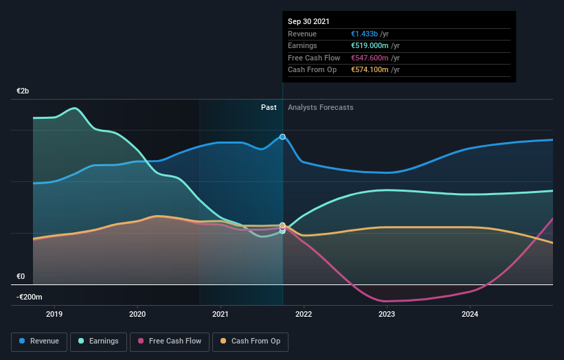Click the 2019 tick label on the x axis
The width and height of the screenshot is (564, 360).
pos(54,314)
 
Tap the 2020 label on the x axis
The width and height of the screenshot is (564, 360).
pos(137,314)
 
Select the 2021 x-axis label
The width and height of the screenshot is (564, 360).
pos(221,314)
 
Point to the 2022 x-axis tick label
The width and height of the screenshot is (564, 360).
pos(304,314)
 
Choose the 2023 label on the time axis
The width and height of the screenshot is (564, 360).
pos(387,314)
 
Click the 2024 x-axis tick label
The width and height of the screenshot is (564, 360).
pos(470,314)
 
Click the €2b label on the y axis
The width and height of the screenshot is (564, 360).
pos(23,91)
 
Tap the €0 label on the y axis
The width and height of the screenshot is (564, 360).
pos(21,276)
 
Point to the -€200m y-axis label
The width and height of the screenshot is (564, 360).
pos(30,297)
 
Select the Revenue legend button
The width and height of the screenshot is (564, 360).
pos(40,341)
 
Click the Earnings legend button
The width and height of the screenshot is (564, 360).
pos(99,341)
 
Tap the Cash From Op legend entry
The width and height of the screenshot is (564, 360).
pos(250,341)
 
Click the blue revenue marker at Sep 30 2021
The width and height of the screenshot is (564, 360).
pos(282,137)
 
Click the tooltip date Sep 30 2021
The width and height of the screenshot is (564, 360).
pos(308,21)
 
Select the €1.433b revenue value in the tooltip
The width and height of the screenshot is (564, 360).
pos(370,34)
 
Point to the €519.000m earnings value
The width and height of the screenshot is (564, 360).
pos(375,46)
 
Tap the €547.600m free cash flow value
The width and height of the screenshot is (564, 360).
pos(375,58)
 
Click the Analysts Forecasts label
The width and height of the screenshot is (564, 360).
pos(321,107)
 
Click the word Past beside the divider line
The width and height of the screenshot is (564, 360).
pos(269,107)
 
